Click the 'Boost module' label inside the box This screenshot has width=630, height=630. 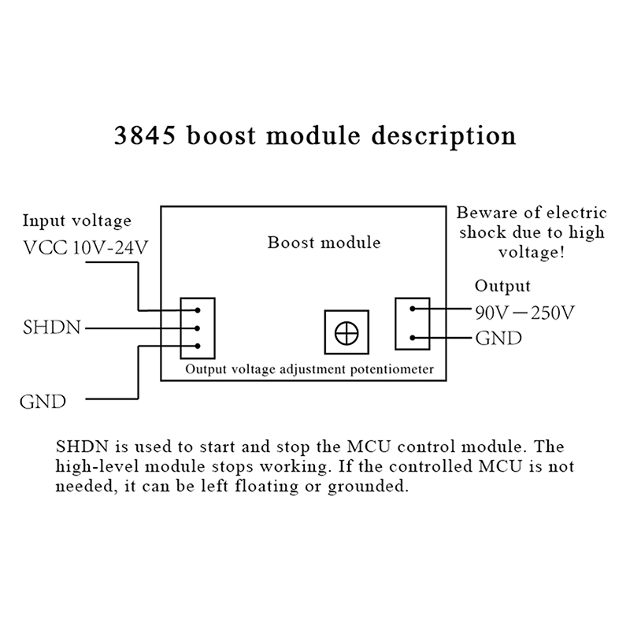coord(324,242)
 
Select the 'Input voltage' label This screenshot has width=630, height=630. coord(76,220)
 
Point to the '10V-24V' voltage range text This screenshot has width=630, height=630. coord(110,250)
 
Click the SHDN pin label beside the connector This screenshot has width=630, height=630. coord(51,326)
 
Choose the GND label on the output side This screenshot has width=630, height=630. coord(498,339)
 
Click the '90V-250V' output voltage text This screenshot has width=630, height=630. coord(524,313)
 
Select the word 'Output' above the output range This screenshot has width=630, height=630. coord(502,286)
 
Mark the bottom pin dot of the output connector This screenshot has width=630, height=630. coord(412,339)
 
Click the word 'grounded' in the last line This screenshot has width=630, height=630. coord(370,487)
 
